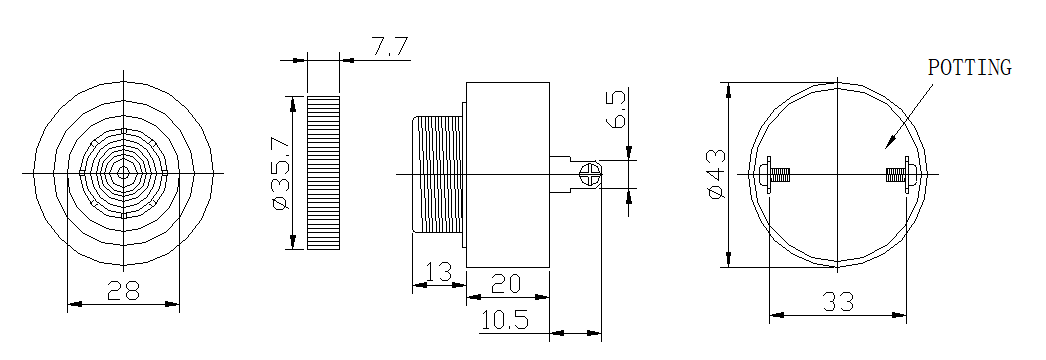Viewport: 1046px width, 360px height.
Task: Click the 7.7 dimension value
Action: tap(390, 46)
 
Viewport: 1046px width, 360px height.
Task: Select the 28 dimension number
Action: tap(123, 290)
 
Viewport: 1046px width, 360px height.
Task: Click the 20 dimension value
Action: tap(507, 283)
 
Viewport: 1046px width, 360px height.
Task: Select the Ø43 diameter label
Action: tap(716, 174)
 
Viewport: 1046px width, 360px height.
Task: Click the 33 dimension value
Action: tap(837, 300)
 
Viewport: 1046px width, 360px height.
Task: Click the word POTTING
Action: tap(969, 68)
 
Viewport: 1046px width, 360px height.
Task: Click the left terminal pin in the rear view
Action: tap(774, 174)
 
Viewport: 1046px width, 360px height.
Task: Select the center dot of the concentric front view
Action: tap(123, 173)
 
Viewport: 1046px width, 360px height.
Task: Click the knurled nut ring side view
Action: tap(324, 172)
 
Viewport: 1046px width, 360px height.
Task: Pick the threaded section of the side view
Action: tap(437, 175)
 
